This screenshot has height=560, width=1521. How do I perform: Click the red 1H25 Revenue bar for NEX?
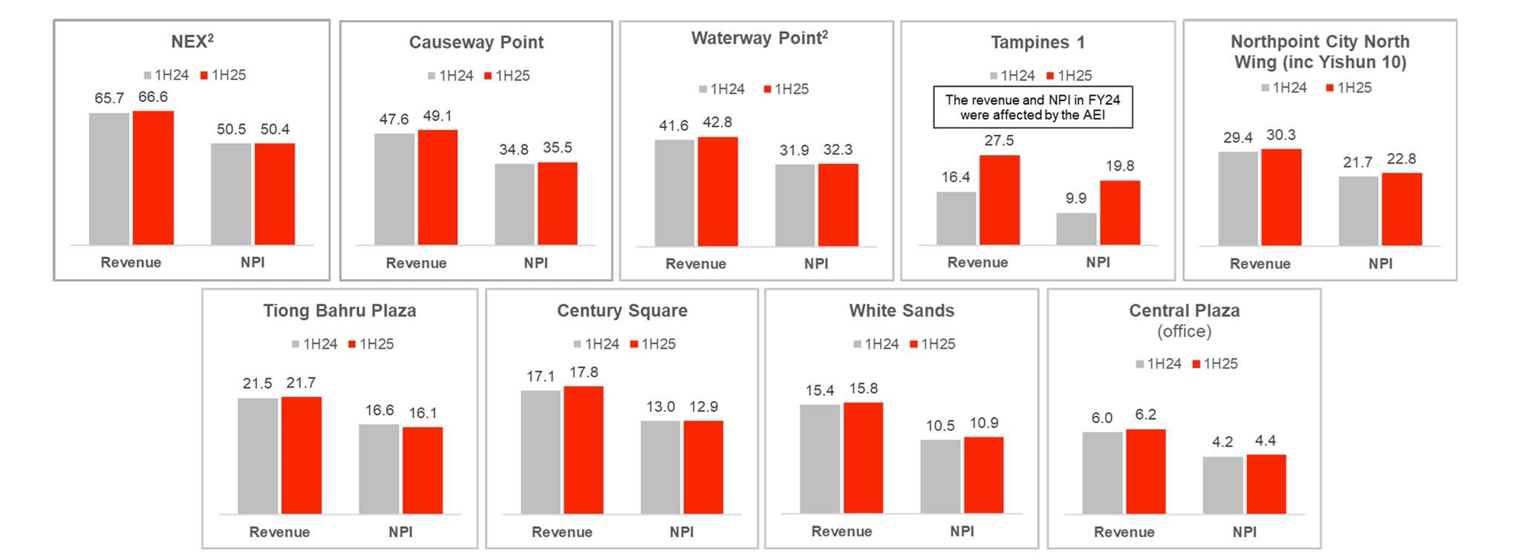pos(153,178)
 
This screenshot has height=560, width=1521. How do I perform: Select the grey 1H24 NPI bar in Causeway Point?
pos(514,204)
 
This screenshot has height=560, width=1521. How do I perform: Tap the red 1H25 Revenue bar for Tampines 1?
pos(999,200)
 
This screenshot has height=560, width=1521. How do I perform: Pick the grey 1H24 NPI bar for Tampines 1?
pos(1076,229)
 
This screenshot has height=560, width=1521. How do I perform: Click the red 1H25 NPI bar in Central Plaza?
pos(1266,484)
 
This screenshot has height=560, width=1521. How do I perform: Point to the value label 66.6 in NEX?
pos(153,97)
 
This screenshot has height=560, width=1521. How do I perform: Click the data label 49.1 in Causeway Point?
pos(437,116)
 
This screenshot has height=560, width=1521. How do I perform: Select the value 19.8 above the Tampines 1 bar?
pos(1119,166)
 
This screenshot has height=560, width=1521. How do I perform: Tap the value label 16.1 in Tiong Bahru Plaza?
pos(423,413)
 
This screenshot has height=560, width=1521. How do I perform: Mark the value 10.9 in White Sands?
pos(984,423)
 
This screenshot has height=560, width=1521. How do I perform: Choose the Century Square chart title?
pos(622,310)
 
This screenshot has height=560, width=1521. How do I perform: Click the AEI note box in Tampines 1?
pos(1032,107)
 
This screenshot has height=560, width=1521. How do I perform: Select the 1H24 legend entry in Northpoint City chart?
pos(1284,88)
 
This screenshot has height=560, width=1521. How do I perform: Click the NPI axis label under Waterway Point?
pos(816,264)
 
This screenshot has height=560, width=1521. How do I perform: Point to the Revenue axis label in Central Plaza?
pos(1124,532)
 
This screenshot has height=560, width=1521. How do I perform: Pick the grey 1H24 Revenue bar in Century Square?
pos(541,452)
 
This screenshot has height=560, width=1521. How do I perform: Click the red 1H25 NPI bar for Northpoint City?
pos(1401,209)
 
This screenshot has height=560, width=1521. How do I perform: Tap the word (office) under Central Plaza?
pos(1184,331)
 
